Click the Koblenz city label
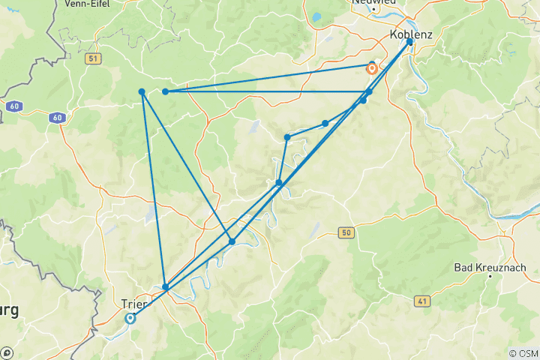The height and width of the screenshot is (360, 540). [412, 34]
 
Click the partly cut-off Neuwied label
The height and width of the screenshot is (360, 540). [373, 2]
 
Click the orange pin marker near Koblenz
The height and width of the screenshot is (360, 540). [372, 68]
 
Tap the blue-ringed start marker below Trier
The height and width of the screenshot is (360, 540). [130, 319]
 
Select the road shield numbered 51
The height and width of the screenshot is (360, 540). [93, 58]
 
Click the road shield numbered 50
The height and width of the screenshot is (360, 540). [345, 233]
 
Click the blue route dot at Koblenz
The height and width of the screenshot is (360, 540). [410, 41]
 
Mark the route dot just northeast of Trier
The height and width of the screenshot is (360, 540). [166, 286]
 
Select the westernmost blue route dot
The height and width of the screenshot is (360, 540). [142, 91]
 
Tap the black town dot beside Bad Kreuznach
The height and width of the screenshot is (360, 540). [490, 277]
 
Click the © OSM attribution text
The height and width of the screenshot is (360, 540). [523, 353]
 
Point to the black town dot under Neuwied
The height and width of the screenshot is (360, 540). [373, 9]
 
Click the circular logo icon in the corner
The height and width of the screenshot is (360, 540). [7, 352]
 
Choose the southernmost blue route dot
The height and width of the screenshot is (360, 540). [166, 286]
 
